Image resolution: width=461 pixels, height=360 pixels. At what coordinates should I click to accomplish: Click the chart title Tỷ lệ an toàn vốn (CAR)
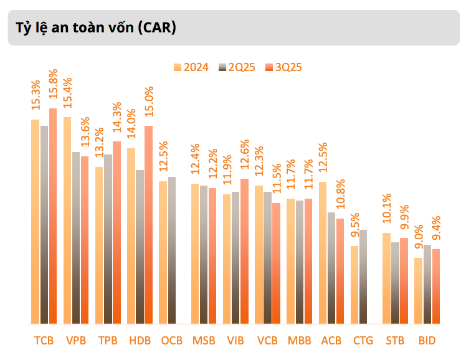point(92,27)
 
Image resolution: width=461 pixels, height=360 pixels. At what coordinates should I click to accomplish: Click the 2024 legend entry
point(191,67)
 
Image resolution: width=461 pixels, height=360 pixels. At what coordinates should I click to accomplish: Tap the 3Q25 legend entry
point(283,67)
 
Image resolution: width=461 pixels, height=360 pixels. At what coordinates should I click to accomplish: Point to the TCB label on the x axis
point(44,341)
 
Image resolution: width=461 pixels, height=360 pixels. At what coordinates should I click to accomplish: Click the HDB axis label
point(140,341)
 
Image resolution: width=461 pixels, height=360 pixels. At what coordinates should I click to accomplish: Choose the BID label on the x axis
point(427,341)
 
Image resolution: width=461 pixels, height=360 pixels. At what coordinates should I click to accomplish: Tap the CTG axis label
point(363,341)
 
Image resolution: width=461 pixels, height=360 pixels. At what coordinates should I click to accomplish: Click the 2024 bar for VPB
point(67,220)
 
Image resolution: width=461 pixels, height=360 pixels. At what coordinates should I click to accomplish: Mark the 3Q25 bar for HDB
point(148,225)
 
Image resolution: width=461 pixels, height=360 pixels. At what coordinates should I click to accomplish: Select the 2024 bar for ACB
point(323,253)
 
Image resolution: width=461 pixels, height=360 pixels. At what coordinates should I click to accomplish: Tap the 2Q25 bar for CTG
point(363,277)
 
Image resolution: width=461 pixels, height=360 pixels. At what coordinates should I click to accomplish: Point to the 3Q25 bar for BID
point(436,287)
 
